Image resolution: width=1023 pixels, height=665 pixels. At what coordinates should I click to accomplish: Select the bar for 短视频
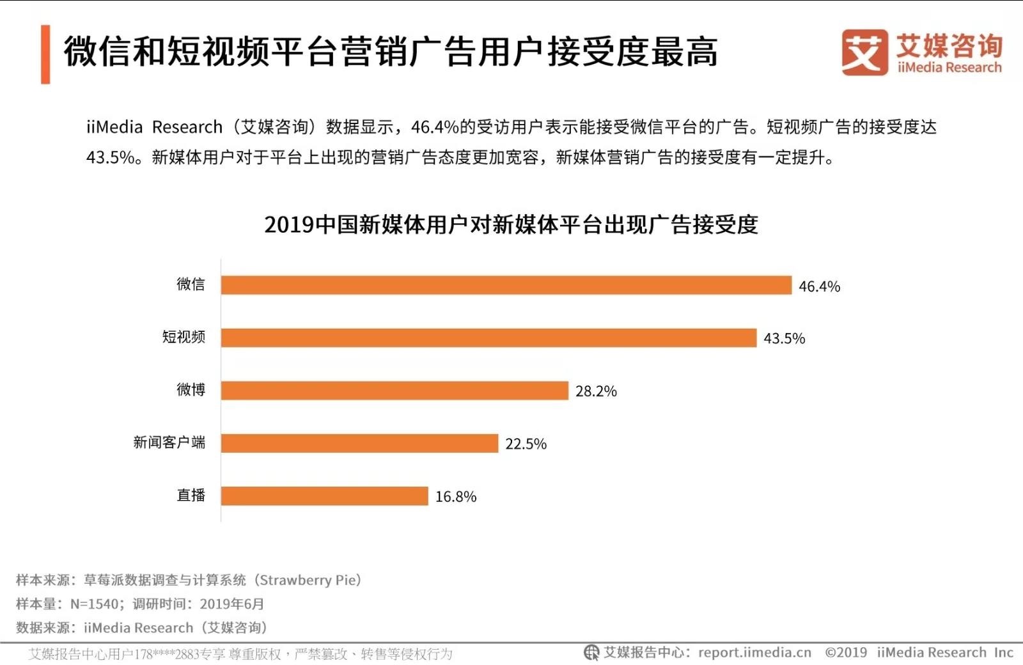click(489, 338)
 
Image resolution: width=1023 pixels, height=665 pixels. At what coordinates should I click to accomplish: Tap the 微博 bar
click(394, 391)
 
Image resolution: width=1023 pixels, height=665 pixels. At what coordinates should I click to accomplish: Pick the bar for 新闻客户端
click(359, 443)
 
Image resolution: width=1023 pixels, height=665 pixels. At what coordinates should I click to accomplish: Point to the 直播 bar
click(324, 496)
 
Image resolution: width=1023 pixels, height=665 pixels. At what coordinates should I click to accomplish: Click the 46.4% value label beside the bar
click(819, 286)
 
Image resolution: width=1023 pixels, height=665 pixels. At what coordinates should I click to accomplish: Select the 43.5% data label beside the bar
click(784, 339)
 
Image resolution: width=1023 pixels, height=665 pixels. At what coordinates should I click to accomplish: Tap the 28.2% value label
click(596, 391)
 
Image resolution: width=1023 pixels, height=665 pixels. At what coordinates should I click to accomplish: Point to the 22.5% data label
click(526, 444)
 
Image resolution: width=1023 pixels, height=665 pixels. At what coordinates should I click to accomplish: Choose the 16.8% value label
click(456, 497)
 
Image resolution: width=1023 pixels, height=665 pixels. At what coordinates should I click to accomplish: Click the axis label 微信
click(191, 284)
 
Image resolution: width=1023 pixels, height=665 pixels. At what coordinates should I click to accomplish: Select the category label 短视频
click(184, 337)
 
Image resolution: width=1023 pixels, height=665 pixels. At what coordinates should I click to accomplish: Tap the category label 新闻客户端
click(169, 442)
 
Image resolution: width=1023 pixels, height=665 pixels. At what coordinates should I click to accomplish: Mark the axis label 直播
click(191, 495)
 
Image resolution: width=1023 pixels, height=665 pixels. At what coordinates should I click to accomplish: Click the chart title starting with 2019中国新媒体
click(511, 225)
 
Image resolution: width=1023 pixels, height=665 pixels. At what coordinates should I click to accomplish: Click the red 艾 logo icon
click(864, 52)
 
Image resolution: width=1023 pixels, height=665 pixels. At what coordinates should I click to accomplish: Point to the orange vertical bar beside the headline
click(45, 54)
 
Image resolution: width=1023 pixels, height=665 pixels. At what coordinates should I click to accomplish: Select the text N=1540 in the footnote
click(94, 604)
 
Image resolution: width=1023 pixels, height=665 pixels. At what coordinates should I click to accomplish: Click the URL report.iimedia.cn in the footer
click(754, 653)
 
